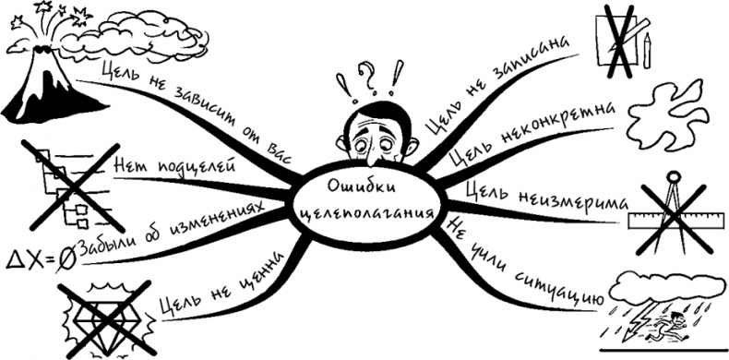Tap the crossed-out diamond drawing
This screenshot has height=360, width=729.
[x=102, y=318]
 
